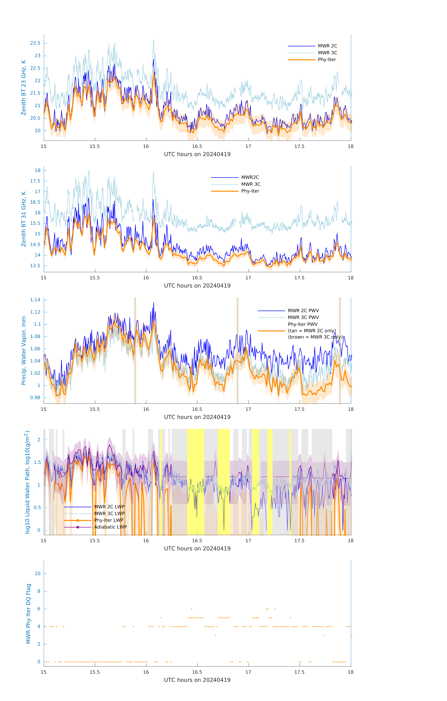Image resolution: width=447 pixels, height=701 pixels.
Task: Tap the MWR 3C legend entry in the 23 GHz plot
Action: pyautogui.click(x=327, y=53)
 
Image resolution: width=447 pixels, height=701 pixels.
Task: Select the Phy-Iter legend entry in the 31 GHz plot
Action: pyautogui.click(x=250, y=191)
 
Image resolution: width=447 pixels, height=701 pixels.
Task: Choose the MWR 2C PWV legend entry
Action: pyautogui.click(x=303, y=311)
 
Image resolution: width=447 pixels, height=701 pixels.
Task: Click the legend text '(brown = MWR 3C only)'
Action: pyautogui.click(x=315, y=337)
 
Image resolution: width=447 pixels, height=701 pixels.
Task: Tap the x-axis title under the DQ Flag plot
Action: pyautogui.click(x=197, y=680)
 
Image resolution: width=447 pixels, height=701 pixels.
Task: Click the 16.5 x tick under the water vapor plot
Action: pyautogui.click(x=197, y=409)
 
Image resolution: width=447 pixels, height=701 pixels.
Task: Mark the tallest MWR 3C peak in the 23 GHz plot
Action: pyautogui.click(x=153, y=40)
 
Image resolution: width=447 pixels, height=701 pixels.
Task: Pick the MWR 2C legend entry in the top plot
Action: pyautogui.click(x=327, y=46)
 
